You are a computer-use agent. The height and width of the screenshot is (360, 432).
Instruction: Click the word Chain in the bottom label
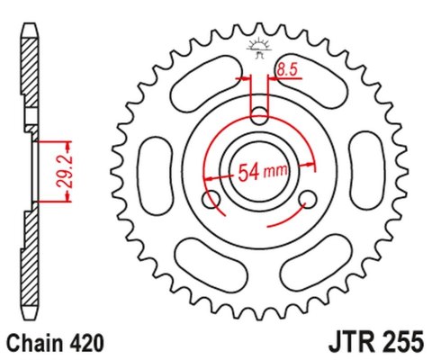click(34, 343)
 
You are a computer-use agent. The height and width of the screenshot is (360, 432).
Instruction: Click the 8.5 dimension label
click(287, 67)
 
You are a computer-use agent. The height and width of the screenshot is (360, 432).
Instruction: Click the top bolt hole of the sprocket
click(258, 116)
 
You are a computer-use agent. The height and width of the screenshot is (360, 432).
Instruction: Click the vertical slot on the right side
click(369, 169)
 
